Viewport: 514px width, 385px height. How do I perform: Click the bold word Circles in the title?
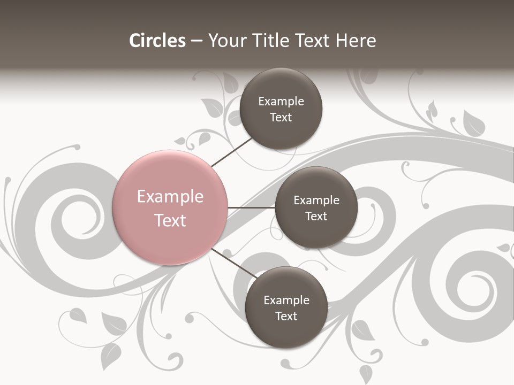point(157,41)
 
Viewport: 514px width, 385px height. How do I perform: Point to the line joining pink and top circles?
point(231,152)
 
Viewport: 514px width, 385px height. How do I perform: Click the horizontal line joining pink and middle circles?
point(251,207)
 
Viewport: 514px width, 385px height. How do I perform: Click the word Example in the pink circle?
point(170,197)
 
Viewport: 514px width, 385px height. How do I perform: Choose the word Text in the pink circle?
point(170,220)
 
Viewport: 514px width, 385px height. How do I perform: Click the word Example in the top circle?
point(281,102)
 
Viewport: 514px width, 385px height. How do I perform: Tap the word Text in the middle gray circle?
point(316,216)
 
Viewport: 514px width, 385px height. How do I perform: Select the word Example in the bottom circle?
point(286,300)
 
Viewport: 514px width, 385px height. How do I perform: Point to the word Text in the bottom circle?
point(286,316)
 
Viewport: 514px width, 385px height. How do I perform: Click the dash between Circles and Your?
point(196,41)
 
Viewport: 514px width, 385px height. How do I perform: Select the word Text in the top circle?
point(281,118)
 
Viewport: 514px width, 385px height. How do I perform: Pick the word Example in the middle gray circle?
point(316,201)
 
